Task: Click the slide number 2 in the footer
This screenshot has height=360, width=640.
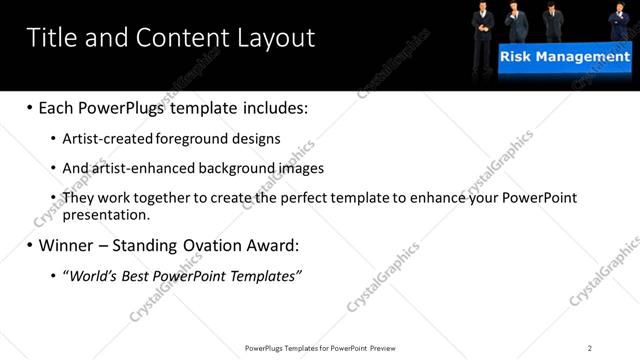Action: pyautogui.click(x=590, y=348)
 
